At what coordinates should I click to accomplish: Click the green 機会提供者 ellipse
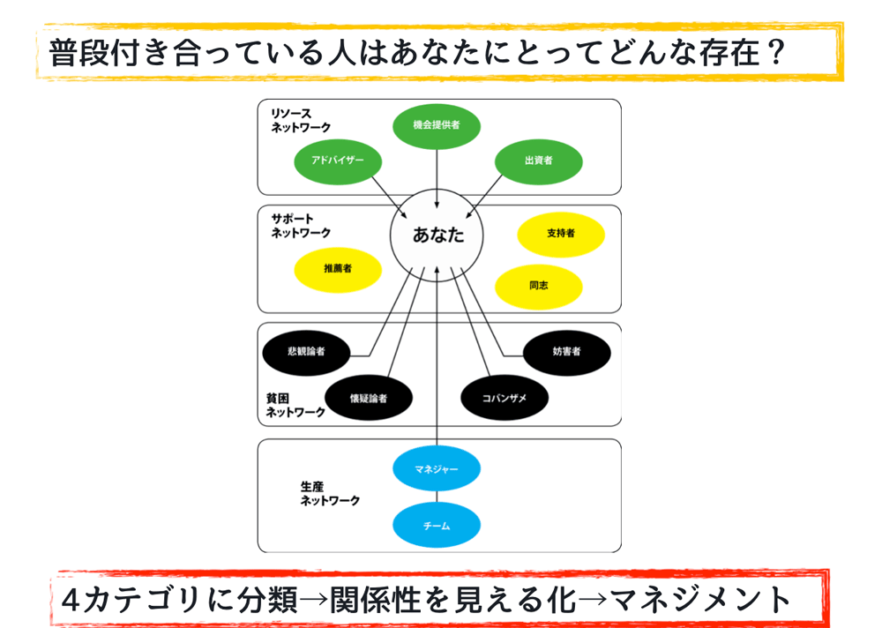pyautogui.click(x=437, y=126)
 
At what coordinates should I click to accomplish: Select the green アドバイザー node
pyautogui.click(x=338, y=161)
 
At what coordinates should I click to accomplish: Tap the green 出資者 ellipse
pyautogui.click(x=539, y=161)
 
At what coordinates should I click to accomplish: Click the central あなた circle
pyautogui.click(x=437, y=235)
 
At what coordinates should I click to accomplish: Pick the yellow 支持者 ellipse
pyautogui.click(x=561, y=235)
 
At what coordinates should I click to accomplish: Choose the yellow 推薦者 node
pyautogui.click(x=338, y=270)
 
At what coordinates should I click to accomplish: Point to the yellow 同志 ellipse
pyautogui.click(x=539, y=287)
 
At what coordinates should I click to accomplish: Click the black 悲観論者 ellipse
pyautogui.click(x=307, y=353)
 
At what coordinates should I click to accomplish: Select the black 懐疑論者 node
pyautogui.click(x=369, y=398)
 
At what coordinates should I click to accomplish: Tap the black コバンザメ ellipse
pyautogui.click(x=505, y=398)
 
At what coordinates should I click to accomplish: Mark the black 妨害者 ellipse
pyautogui.click(x=567, y=353)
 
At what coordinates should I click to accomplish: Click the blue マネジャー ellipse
pyautogui.click(x=437, y=468)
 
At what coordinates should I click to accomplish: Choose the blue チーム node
pyautogui.click(x=437, y=526)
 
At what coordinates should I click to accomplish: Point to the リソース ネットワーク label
pyautogui.click(x=301, y=121)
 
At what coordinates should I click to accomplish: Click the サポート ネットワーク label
pyautogui.click(x=301, y=226)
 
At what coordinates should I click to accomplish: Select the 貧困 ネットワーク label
pyautogui.click(x=295, y=405)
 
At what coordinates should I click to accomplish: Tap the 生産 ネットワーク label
pyautogui.click(x=330, y=494)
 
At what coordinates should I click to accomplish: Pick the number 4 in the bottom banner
pyautogui.click(x=71, y=600)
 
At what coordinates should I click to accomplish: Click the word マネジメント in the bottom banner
pyautogui.click(x=700, y=600)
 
